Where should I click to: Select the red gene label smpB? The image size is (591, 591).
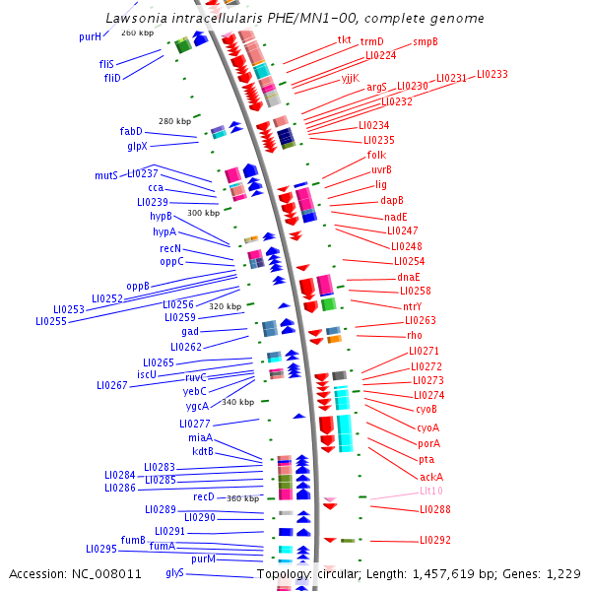(x=425, y=41)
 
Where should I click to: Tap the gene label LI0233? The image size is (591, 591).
(x=492, y=75)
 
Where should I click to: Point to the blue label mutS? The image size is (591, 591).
(x=105, y=175)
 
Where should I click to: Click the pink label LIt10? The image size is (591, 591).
(x=431, y=491)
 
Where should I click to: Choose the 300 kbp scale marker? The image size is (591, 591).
(x=204, y=213)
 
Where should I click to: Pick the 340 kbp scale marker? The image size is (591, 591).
(x=237, y=402)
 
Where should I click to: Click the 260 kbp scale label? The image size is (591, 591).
(x=138, y=33)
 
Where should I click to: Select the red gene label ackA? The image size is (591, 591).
(x=431, y=477)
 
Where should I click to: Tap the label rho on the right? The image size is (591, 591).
(x=414, y=335)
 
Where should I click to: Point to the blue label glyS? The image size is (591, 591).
(x=174, y=572)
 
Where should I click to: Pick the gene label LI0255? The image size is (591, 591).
(x=51, y=321)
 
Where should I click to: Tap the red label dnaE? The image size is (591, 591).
(x=409, y=277)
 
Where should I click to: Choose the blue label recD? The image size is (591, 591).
(x=204, y=496)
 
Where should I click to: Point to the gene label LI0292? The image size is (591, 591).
(x=435, y=540)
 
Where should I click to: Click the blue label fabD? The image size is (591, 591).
(x=131, y=131)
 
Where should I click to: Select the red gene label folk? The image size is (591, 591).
(x=376, y=155)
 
